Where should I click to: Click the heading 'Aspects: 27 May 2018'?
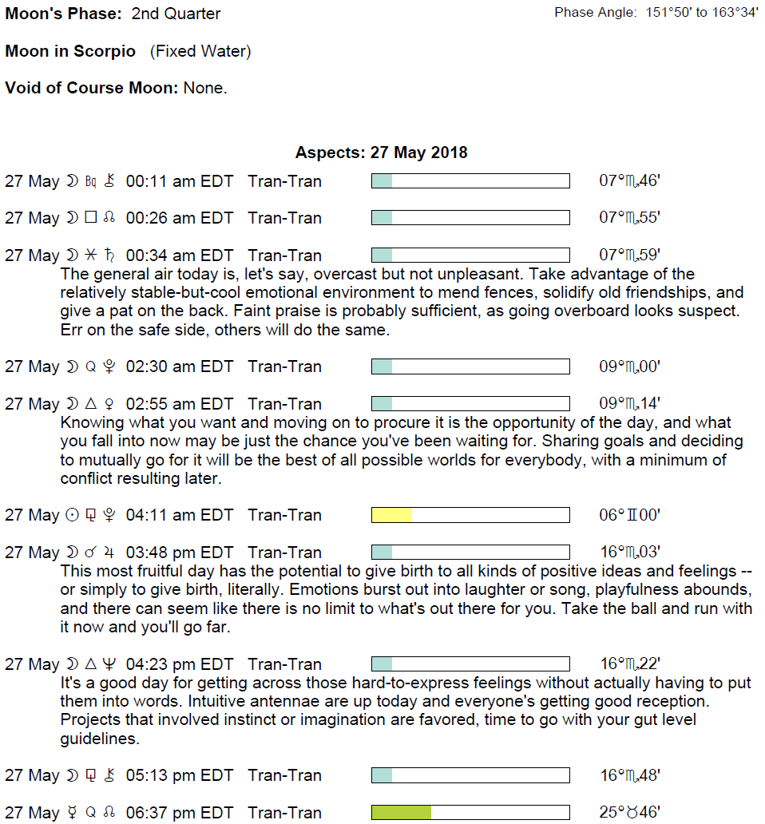point(382,153)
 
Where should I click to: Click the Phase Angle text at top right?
point(656,14)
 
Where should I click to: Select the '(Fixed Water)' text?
point(200,52)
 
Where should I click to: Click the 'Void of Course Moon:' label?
point(92,88)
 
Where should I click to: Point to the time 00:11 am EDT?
point(180,181)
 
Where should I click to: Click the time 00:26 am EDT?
point(180,218)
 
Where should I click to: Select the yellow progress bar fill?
point(391,515)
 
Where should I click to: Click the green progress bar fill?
point(401,813)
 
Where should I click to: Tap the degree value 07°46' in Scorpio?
point(629,181)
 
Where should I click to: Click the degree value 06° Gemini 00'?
point(629,515)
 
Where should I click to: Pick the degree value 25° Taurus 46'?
point(629,813)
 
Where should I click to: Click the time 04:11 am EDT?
point(180,515)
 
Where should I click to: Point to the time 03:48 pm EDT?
point(180,553)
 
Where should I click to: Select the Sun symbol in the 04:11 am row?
point(73,515)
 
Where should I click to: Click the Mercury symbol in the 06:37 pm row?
point(73,813)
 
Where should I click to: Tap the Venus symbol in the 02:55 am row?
point(109,404)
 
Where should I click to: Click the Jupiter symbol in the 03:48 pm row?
point(109,553)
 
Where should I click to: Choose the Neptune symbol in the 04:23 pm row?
point(109,664)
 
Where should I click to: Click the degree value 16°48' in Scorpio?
point(629,775)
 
